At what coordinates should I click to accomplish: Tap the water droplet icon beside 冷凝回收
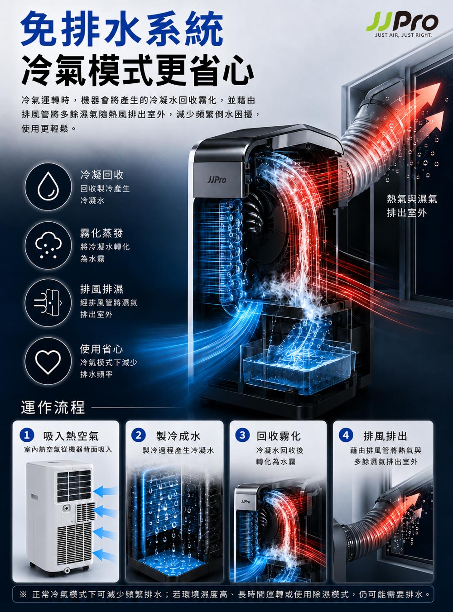[48, 186]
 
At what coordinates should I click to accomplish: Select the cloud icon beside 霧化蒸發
[48, 245]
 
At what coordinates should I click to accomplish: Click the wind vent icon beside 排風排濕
[48, 303]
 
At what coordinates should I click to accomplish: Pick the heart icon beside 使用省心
[48, 362]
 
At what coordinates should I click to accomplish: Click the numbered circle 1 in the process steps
[27, 435]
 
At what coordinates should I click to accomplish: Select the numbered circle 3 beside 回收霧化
[242, 435]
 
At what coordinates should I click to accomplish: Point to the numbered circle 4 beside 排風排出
[346, 435]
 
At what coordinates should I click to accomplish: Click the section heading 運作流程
[53, 407]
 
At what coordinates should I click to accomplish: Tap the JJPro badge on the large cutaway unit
[217, 180]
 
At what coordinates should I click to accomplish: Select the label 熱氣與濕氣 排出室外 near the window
[412, 206]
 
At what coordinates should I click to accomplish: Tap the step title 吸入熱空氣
[71, 436]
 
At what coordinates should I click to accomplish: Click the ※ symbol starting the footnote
[23, 594]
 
